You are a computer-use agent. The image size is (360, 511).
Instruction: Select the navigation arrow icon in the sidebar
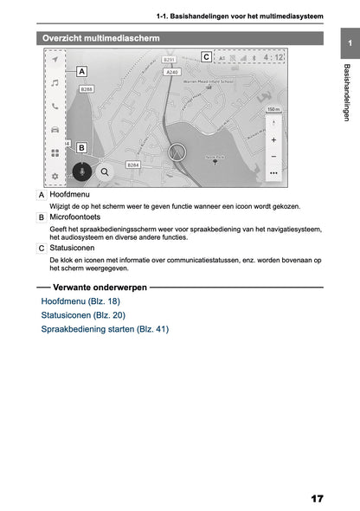tap(55, 61)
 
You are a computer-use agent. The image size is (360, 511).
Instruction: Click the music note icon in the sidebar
tap(55, 84)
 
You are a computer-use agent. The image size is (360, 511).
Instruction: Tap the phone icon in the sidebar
tap(55, 107)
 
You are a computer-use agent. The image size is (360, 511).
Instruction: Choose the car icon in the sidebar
tap(55, 130)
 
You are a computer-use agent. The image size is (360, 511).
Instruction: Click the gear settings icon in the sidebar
tap(55, 176)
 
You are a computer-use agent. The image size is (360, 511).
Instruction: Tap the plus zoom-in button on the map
tap(273, 139)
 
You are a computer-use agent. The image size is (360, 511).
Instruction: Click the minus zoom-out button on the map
tap(273, 156)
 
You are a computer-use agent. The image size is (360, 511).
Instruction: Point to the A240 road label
tap(172, 73)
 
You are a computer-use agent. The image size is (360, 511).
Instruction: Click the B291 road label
tap(170, 61)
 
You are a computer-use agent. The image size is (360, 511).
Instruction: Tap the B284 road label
tap(133, 164)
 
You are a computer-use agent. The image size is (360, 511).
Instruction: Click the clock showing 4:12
tap(273, 59)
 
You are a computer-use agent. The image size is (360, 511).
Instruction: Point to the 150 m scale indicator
tap(273, 110)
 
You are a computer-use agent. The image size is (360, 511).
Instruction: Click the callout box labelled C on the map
tap(206, 57)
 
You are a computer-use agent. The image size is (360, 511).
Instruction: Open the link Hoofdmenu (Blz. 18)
tap(80, 301)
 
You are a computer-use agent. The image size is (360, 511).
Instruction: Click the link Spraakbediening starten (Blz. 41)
tap(105, 329)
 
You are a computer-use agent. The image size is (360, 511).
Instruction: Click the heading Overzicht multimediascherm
tap(101, 38)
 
